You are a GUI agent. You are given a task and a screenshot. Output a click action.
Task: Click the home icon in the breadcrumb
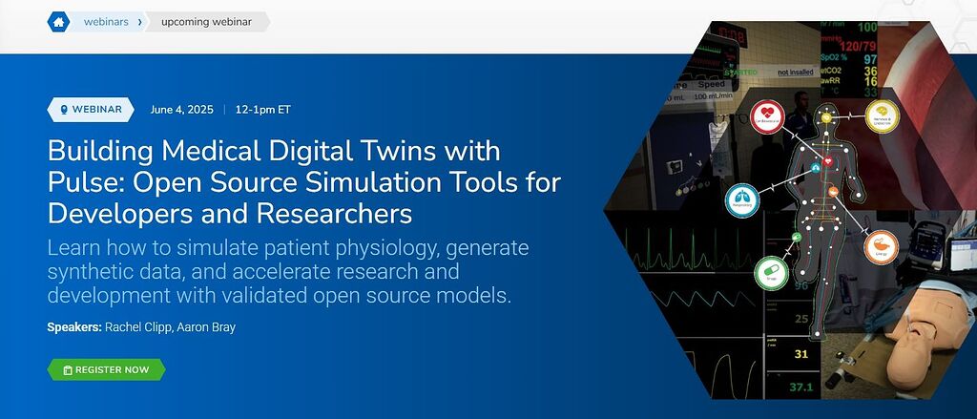(x=58, y=21)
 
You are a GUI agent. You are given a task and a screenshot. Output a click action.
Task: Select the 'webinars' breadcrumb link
(x=106, y=21)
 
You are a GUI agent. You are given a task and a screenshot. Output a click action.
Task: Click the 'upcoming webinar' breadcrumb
(x=206, y=21)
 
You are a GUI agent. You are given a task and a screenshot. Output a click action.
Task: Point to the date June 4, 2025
(x=181, y=109)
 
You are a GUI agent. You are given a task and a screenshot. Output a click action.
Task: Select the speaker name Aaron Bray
(x=210, y=327)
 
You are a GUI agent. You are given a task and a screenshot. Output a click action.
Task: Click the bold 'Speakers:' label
(x=73, y=327)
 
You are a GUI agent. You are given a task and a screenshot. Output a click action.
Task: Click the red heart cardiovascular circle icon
(x=769, y=116)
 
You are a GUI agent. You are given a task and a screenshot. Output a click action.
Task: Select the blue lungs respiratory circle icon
(x=742, y=200)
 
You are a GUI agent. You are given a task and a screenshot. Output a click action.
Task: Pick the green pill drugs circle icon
(x=770, y=272)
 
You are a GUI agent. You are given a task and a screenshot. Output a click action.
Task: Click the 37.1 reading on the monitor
(x=801, y=387)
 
